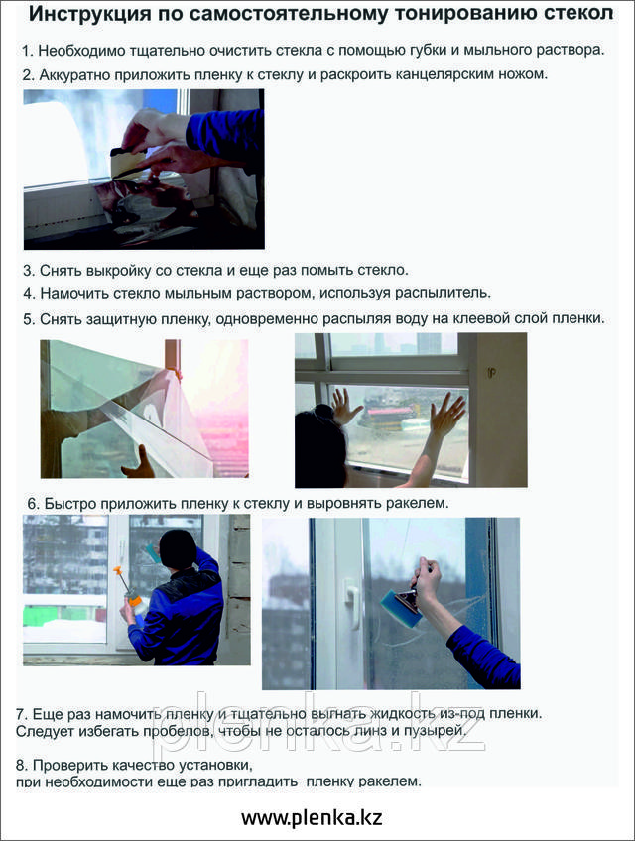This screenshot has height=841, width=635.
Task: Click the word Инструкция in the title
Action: click(89, 15)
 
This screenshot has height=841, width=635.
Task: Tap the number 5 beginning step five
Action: click(29, 319)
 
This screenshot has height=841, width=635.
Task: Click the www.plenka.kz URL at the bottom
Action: click(312, 818)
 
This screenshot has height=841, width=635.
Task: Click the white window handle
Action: click(352, 602)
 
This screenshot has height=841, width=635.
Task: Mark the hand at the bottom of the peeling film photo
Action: click(139, 464)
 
